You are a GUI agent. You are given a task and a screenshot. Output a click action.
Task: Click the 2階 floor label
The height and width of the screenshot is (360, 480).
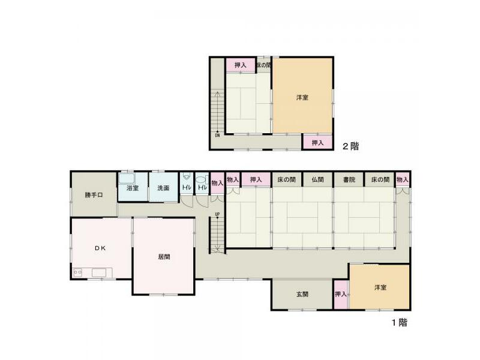pos(350,145)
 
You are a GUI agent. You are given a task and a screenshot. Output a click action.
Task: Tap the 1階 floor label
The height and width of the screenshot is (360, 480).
pos(400,322)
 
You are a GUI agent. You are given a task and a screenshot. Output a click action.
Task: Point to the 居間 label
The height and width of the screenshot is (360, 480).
pos(164,256)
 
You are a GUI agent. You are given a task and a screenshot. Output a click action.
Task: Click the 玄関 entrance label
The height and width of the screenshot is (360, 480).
pos(302,294)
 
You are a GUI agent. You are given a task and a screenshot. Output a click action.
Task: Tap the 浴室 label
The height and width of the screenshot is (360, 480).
pos(133,188)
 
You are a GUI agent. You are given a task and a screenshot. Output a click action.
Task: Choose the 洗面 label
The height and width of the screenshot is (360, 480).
pos(164,188)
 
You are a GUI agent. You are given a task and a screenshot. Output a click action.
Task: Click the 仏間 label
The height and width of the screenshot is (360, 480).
pos(317,179)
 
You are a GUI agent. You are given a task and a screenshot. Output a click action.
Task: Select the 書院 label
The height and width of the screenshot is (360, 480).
pos(349,179)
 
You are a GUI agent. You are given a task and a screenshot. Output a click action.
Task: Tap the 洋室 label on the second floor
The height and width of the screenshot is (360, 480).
pos(302,97)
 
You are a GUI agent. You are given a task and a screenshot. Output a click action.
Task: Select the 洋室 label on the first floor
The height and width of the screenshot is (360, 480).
pos(380,287)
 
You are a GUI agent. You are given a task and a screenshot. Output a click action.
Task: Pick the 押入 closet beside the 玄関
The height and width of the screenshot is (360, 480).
pos(341,294)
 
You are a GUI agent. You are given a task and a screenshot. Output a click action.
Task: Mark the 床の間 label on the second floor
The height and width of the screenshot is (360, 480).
pos(264,65)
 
